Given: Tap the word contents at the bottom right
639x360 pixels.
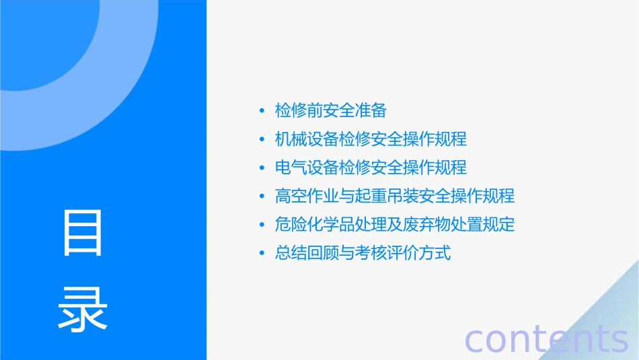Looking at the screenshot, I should [546, 339].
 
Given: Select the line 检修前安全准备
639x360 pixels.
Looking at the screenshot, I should [330, 110].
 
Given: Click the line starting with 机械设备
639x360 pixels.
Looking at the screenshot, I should [371, 139].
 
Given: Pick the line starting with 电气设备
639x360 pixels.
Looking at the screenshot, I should [371, 168].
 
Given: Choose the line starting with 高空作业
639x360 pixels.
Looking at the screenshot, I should [395, 196].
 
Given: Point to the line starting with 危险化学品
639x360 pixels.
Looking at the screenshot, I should [395, 225].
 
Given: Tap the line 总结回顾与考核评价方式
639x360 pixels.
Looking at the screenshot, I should [363, 254].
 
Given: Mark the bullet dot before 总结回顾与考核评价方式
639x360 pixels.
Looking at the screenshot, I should [262, 254].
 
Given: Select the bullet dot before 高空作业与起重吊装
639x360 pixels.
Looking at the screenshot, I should [262, 197].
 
